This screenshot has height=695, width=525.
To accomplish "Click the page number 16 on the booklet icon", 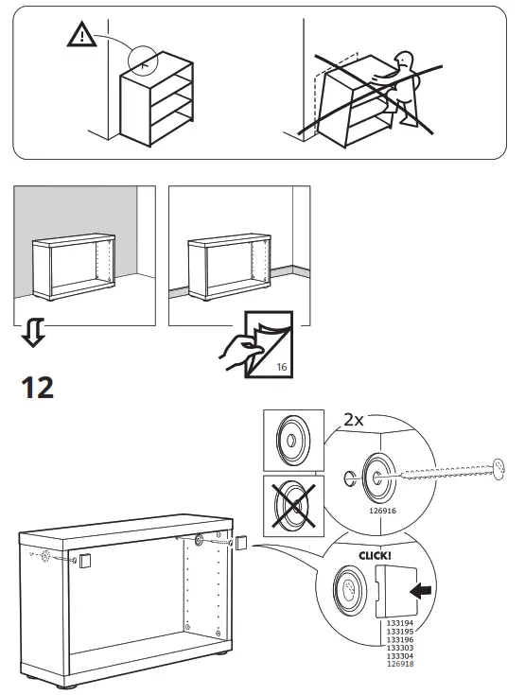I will (x=281, y=366).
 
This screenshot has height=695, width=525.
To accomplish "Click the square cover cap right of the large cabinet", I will (x=240, y=544).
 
